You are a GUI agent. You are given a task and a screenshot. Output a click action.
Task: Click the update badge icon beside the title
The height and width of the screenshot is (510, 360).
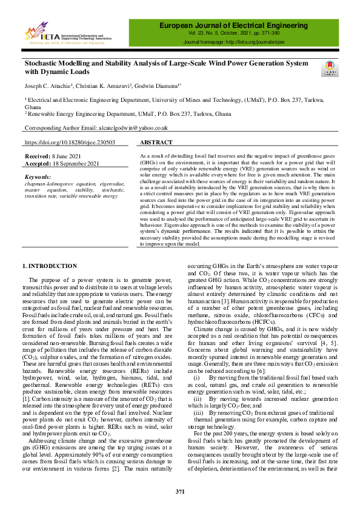(x=331, y=68)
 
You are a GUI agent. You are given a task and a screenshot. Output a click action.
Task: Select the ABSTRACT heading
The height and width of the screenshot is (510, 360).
(x=159, y=143)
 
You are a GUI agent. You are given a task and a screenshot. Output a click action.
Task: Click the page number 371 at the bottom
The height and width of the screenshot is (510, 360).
(x=180, y=491)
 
